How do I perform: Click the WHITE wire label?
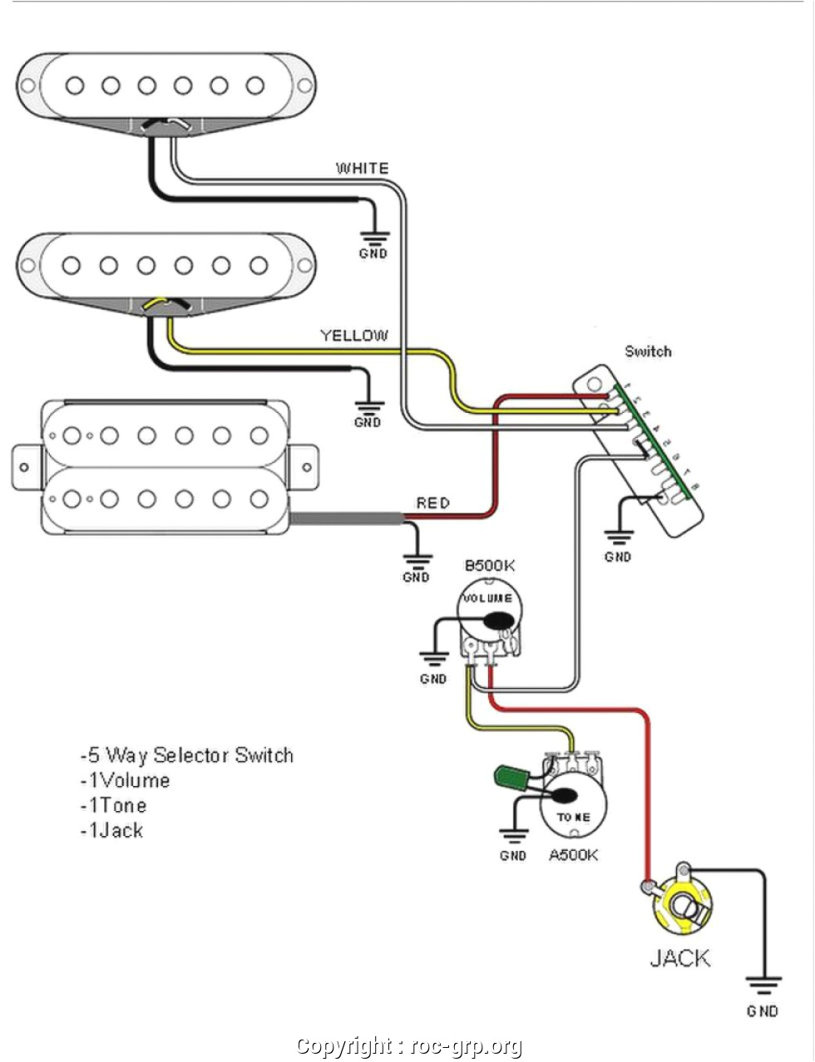pyautogui.click(x=362, y=169)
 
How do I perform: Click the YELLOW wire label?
pyautogui.click(x=354, y=336)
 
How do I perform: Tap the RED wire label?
pyautogui.click(x=432, y=503)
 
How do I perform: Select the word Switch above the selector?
pyautogui.click(x=648, y=352)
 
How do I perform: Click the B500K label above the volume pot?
pyautogui.click(x=489, y=566)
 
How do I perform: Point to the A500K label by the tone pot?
pyautogui.click(x=573, y=855)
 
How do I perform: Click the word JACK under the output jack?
pyautogui.click(x=680, y=958)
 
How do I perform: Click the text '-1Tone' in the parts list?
pyautogui.click(x=113, y=805)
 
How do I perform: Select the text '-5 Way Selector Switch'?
pyautogui.click(x=186, y=755)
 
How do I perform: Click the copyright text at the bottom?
pyautogui.click(x=409, y=1046)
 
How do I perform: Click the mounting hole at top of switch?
pyautogui.click(x=594, y=385)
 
